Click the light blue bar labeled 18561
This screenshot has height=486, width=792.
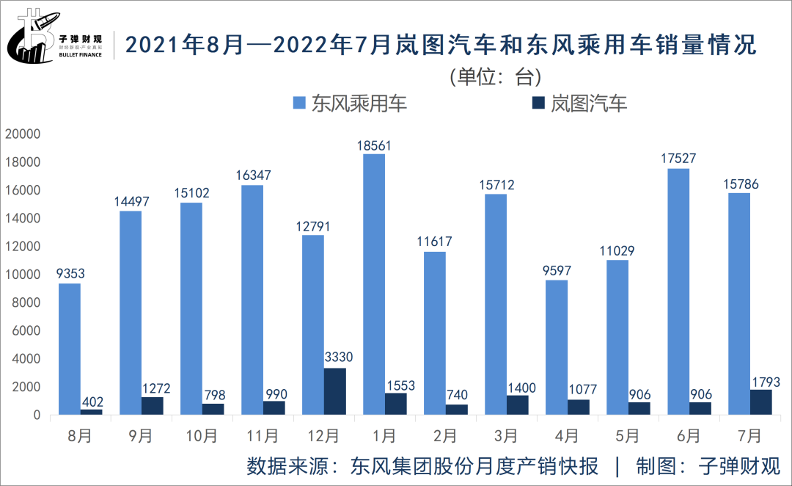(x=374, y=284)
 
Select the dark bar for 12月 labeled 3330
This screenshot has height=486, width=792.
(x=334, y=391)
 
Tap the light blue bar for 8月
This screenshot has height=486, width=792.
(x=70, y=349)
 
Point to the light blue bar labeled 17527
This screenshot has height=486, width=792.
(x=678, y=291)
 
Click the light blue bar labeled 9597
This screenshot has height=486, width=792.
(x=556, y=347)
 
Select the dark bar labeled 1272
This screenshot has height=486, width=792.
(x=152, y=405)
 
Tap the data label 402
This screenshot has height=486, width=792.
(x=92, y=402)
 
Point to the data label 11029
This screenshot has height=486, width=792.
(x=617, y=250)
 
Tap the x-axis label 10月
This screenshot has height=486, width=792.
(x=202, y=435)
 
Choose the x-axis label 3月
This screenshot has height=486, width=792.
(x=506, y=435)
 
